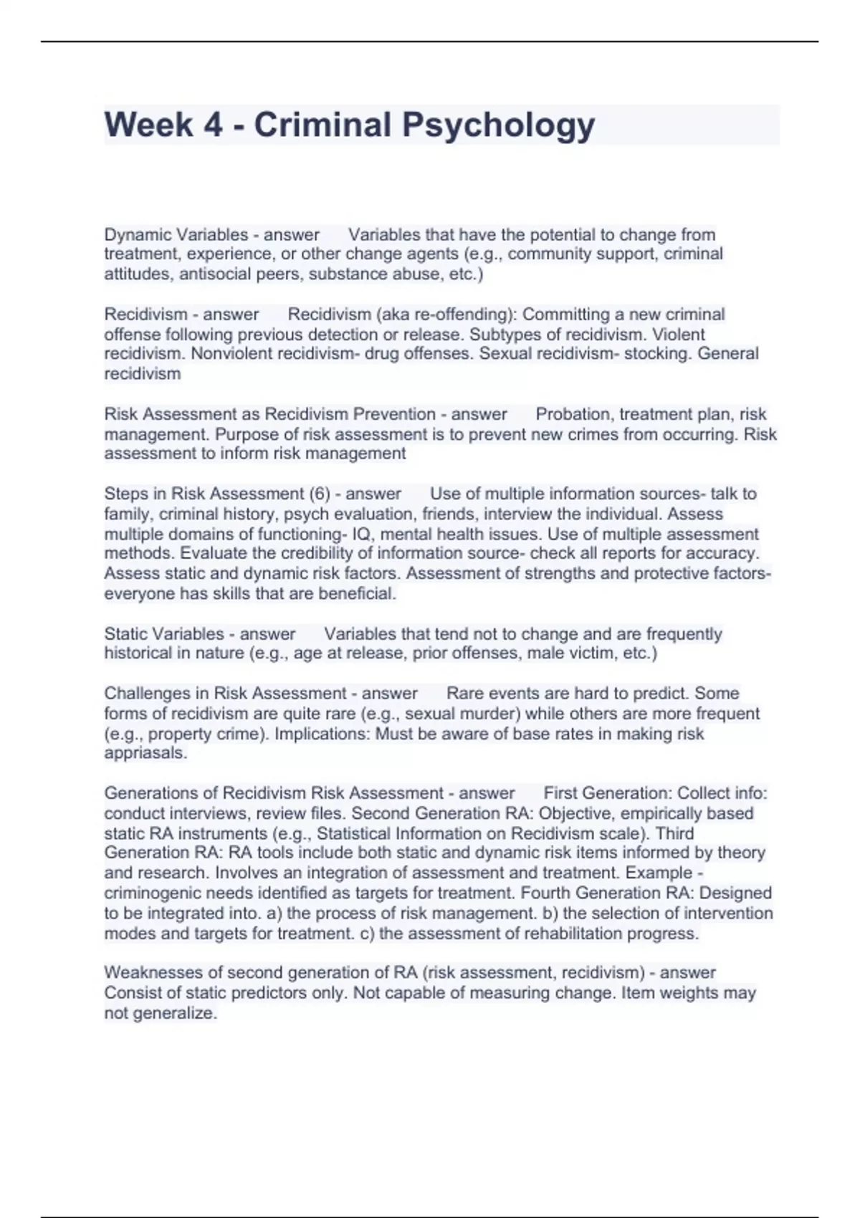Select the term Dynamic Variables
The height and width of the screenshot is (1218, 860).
point(176,234)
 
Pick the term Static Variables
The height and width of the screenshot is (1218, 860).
point(164,633)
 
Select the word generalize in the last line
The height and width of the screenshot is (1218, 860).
point(173,1013)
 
